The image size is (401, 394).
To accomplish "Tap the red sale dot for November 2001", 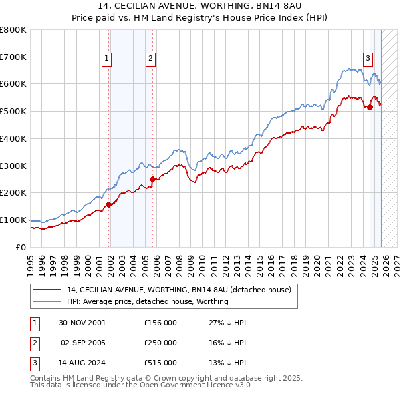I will point(108,205).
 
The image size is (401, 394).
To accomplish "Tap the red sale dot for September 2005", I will point(152,179).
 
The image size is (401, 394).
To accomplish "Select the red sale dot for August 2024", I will point(370,106).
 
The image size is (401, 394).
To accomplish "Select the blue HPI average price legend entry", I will point(147,301).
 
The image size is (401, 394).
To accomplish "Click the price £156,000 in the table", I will point(160,322).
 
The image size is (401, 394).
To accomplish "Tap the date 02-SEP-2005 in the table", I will point(83,343).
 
